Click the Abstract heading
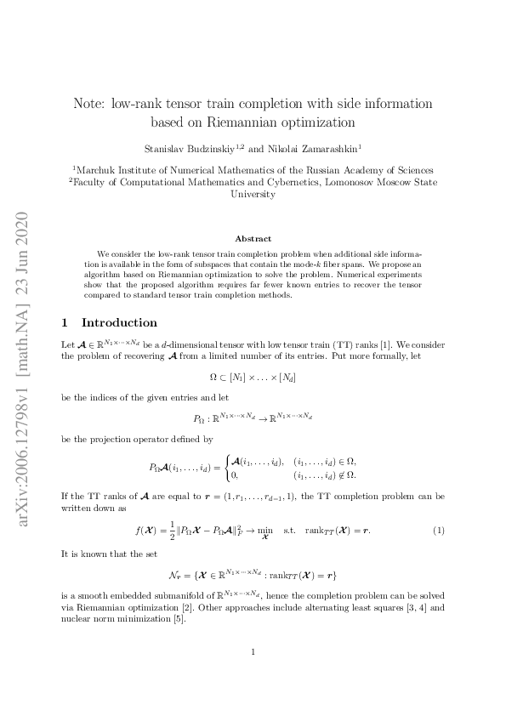point(253,239)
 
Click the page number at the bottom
point(253,652)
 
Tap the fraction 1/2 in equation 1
point(158,531)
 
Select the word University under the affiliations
point(253,194)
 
